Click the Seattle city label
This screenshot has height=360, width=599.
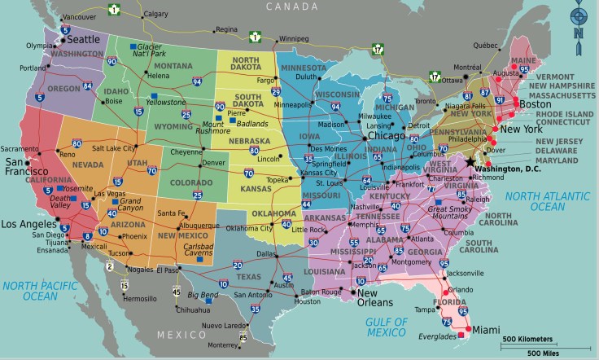82,38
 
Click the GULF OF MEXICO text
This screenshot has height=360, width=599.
387,327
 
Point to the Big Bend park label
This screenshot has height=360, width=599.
203,294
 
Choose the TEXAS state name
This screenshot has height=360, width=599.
248,276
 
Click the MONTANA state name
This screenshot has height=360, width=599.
173,66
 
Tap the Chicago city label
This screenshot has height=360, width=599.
386,136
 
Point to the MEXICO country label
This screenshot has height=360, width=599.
181,335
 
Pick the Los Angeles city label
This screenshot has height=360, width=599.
29,224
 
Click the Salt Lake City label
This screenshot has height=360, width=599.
114,148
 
